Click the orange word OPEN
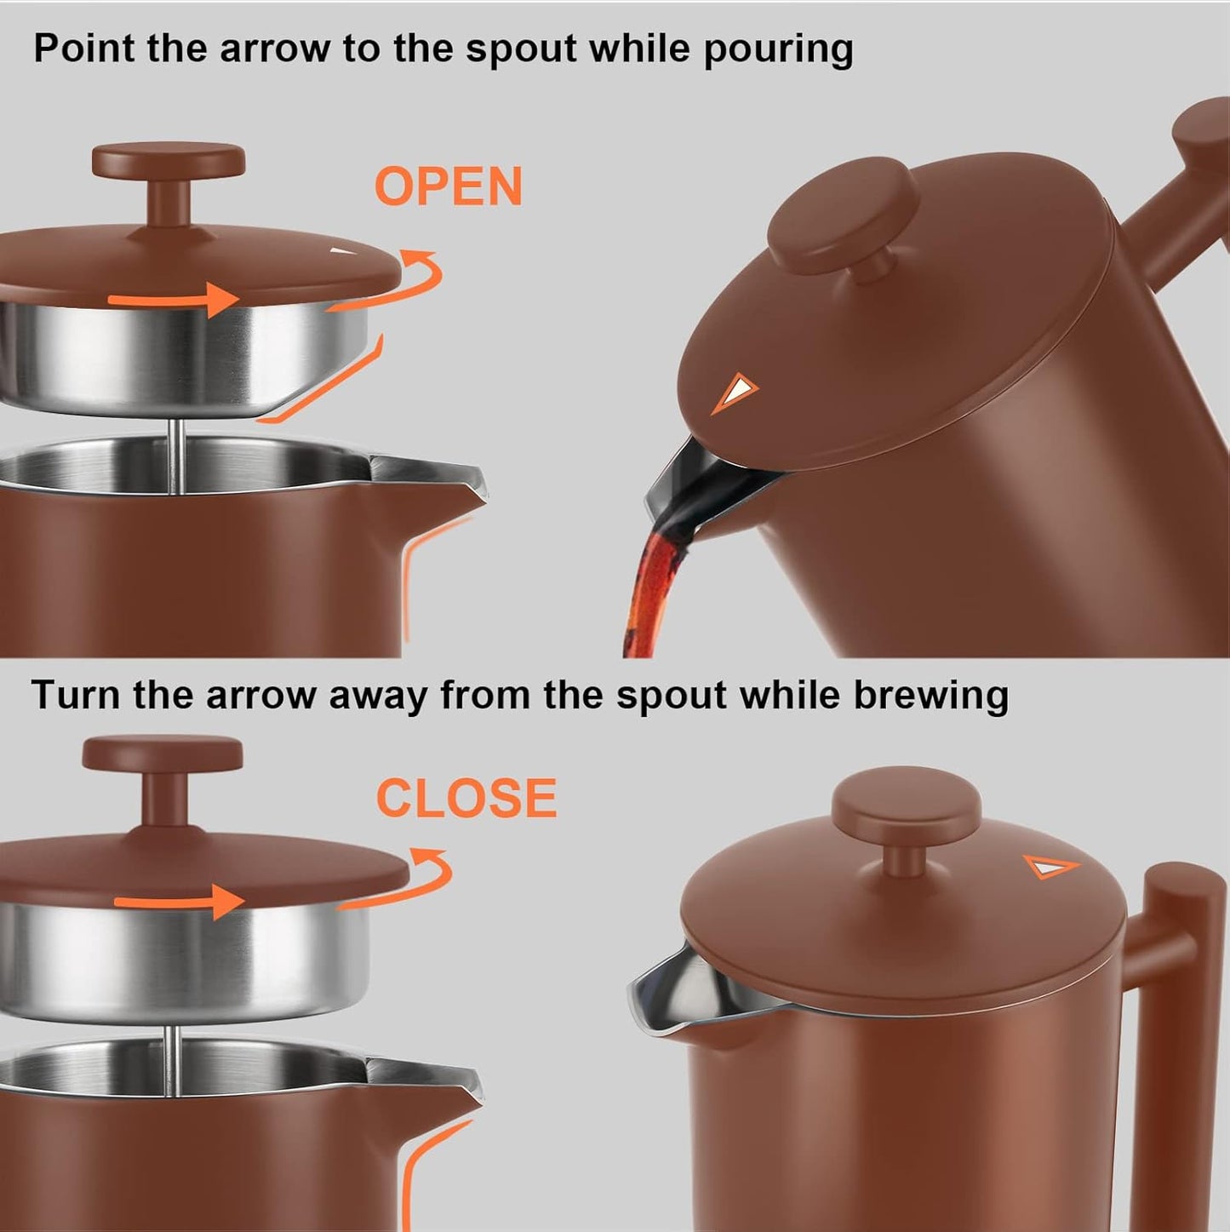click(x=449, y=186)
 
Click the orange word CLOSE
click(x=466, y=799)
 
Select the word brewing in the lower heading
click(x=931, y=696)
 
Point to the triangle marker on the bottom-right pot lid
click(x=1050, y=868)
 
